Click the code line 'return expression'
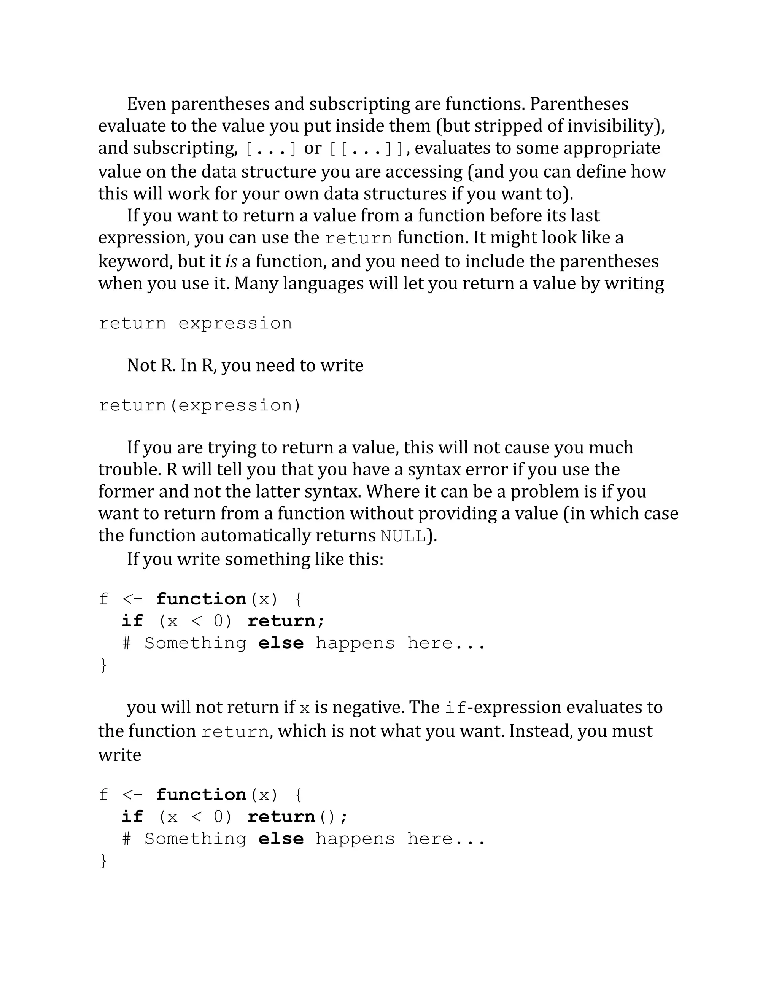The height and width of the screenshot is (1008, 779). coord(195,324)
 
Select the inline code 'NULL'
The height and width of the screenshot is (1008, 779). coord(403,536)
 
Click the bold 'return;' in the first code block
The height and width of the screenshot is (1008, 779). coord(286,621)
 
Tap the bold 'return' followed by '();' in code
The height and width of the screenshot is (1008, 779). coord(281,817)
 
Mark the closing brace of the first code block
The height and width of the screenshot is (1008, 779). coord(103,665)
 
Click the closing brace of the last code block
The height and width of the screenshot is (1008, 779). coord(103,861)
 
